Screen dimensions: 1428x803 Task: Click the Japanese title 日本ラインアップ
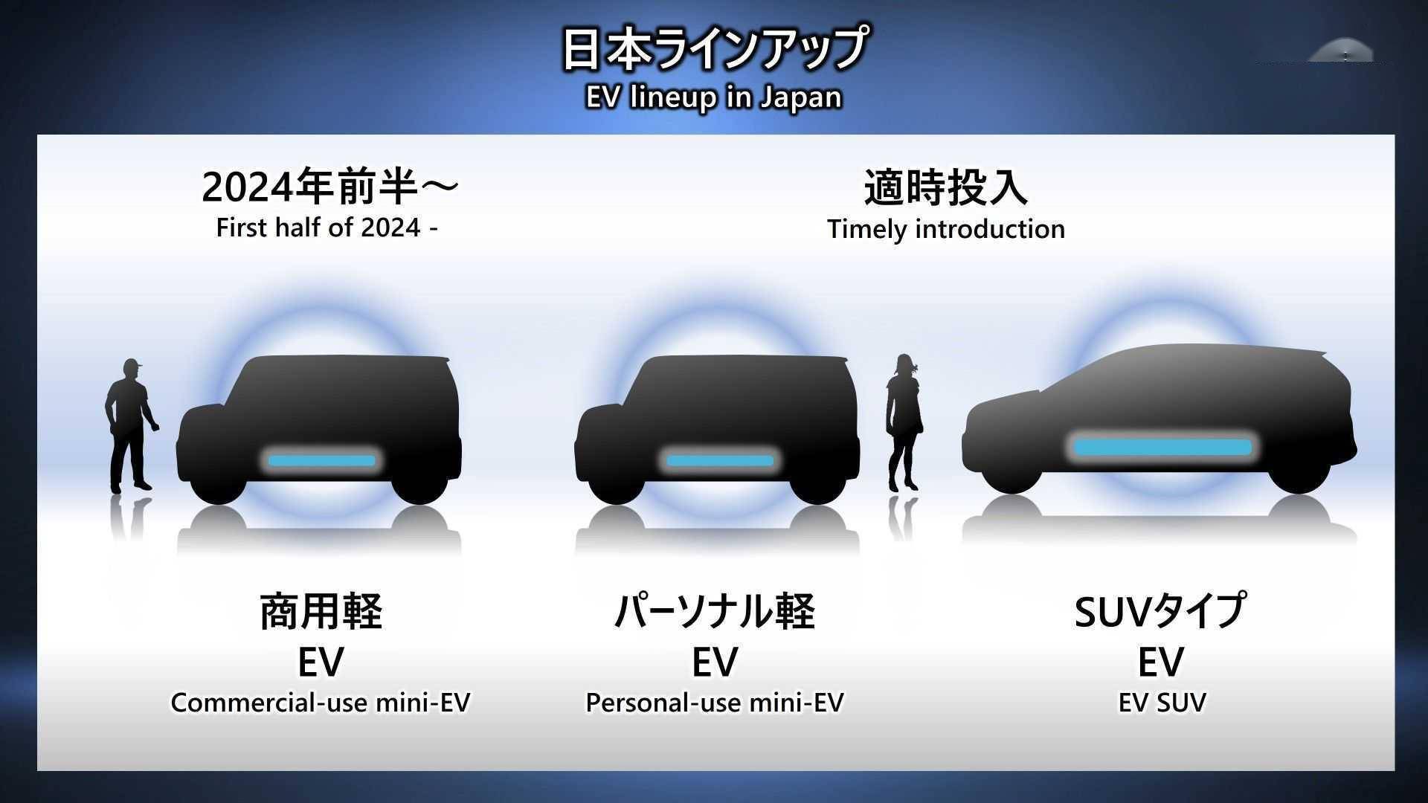click(x=714, y=49)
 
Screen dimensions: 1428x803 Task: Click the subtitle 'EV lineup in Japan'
click(x=714, y=97)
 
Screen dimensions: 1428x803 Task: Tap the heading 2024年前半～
click(x=330, y=187)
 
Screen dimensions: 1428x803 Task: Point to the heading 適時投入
click(x=945, y=187)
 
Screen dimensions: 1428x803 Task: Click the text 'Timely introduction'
click(x=946, y=229)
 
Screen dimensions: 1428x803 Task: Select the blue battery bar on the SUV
click(x=1163, y=448)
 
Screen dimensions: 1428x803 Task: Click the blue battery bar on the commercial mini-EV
click(x=322, y=461)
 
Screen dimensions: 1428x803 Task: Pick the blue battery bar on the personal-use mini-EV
click(x=720, y=461)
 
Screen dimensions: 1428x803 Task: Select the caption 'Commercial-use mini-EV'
click(x=321, y=703)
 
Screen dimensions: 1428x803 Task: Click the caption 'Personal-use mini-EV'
click(x=715, y=703)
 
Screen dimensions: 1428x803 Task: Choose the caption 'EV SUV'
click(x=1162, y=703)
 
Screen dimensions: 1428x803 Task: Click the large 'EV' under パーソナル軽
click(x=715, y=662)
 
